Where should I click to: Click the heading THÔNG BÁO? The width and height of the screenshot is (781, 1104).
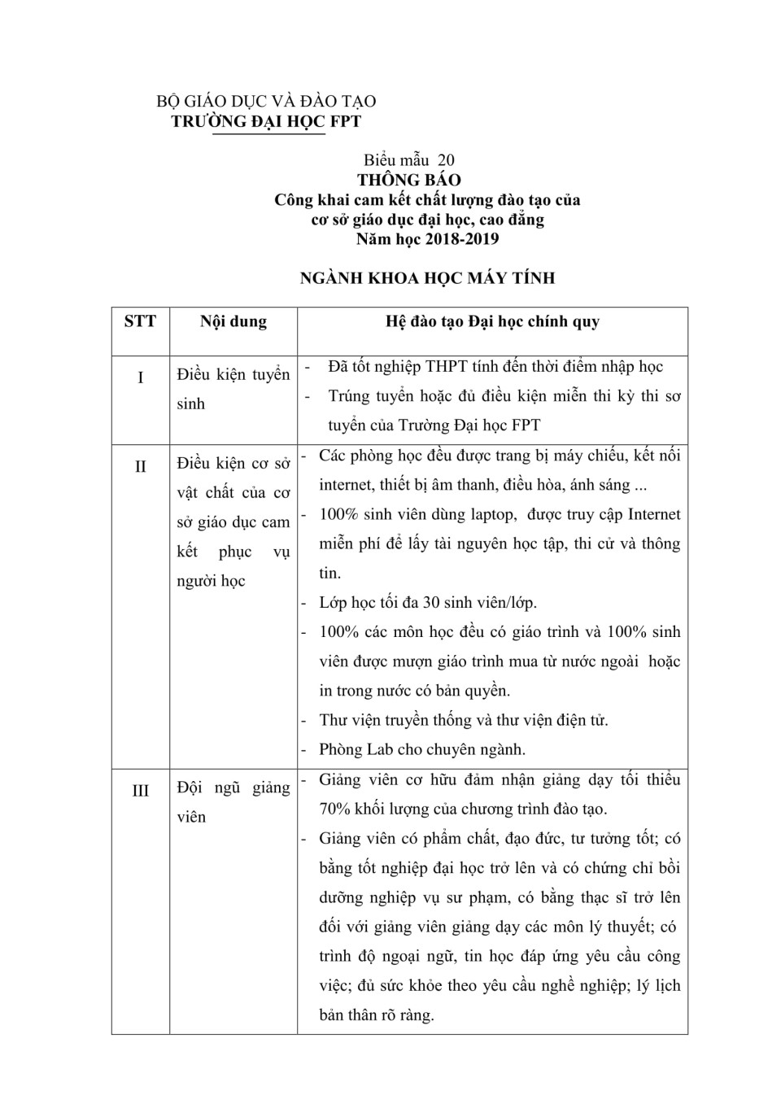pos(409,180)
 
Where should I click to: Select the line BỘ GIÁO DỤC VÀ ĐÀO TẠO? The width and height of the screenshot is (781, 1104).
pos(266,102)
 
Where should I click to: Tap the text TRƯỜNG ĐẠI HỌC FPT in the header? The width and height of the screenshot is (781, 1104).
pos(266,121)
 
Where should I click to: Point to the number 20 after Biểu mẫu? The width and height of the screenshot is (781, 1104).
pos(446,160)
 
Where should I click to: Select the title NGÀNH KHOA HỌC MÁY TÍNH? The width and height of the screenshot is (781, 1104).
pos(427,278)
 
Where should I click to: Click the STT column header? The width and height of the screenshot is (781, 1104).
pos(140,321)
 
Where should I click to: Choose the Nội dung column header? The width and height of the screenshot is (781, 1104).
pos(233,321)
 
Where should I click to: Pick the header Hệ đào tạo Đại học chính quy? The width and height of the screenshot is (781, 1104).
pos(492,321)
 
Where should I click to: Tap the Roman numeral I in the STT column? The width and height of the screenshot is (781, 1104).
pos(140,377)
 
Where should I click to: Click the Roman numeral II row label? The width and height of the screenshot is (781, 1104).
pos(140,466)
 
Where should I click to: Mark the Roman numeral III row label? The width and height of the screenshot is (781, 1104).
pos(140,791)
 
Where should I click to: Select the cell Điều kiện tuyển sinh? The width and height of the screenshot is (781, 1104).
pos(233,389)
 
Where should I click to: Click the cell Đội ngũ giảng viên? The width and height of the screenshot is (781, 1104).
pos(233,802)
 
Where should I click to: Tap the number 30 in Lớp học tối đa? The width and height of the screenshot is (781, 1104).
pos(431,603)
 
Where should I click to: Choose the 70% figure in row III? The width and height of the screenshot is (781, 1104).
pos(335,809)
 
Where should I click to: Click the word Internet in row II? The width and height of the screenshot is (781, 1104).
pos(648,514)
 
